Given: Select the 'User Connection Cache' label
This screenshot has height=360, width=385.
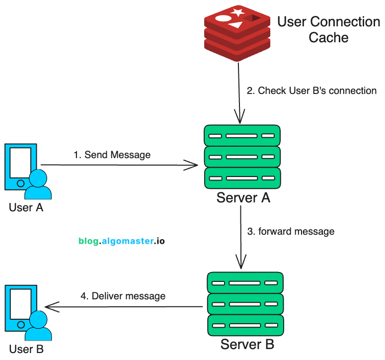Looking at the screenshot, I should click(x=328, y=29).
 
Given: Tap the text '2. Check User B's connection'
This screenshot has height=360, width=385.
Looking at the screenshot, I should click(x=311, y=91).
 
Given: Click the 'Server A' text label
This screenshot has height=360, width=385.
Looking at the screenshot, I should click(x=243, y=198).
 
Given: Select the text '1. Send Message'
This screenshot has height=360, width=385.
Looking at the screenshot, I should click(x=112, y=155).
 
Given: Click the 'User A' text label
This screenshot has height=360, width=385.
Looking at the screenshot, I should click(x=26, y=207).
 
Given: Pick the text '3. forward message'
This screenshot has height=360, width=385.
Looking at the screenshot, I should click(x=291, y=231).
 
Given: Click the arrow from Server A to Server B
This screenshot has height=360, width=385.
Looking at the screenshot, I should click(x=241, y=236).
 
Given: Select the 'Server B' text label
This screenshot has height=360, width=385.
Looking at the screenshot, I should click(x=247, y=344).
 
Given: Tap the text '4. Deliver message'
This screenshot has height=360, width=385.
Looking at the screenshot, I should click(x=123, y=296).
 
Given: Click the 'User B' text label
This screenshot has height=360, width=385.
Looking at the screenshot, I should click(x=26, y=349).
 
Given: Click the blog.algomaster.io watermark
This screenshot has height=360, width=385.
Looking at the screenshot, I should click(x=122, y=241).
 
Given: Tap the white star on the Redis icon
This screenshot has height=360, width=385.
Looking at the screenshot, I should click(x=237, y=11).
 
